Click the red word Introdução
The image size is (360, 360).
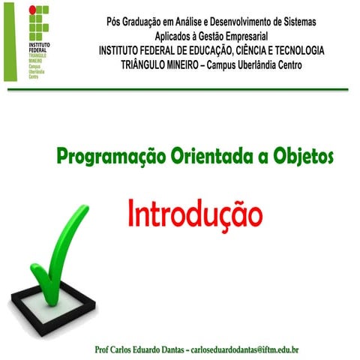195,213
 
